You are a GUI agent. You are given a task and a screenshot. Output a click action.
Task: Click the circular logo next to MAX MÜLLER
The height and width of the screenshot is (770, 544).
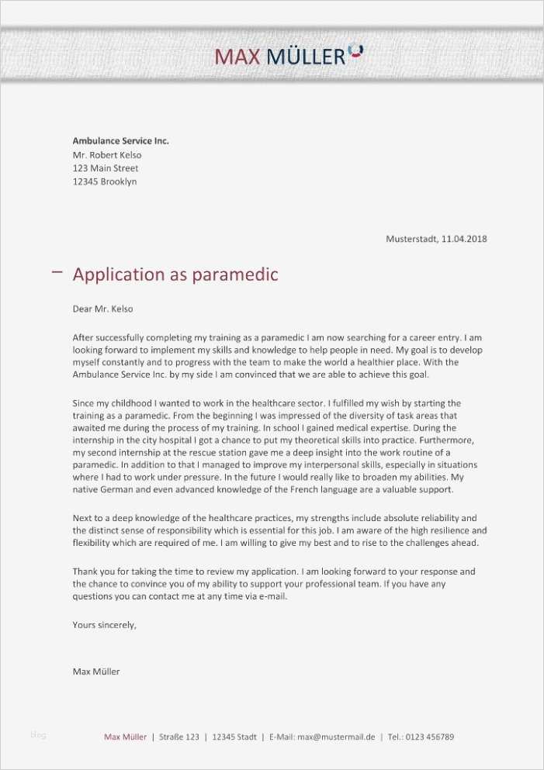tap(355, 51)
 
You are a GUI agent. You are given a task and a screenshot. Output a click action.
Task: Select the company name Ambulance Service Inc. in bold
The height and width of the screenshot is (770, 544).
tap(120, 141)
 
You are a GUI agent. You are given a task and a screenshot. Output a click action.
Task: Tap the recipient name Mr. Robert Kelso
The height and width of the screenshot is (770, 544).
tap(106, 154)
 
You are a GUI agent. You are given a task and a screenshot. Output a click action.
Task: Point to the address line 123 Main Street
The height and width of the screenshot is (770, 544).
tap(106, 168)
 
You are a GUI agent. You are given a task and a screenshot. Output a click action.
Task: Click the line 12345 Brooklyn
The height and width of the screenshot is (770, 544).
tap(104, 181)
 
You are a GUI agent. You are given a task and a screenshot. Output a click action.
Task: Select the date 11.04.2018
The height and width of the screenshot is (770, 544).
tap(464, 239)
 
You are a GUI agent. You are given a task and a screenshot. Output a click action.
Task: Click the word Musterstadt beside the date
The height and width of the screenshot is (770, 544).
tap(411, 239)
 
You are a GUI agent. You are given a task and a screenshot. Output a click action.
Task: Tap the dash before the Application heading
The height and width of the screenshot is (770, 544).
tap(56, 271)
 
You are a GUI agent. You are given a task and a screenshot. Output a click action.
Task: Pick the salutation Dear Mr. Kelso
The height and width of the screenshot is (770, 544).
tap(102, 309)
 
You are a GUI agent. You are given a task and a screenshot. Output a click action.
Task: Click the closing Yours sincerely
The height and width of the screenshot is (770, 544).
tap(104, 624)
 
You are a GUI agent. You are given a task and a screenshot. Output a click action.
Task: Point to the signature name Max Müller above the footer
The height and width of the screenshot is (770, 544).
tap(95, 672)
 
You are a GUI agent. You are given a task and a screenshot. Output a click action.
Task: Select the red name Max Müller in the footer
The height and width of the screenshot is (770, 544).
tap(125, 737)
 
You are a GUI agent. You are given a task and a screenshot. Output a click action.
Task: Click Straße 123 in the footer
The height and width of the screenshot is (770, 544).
tap(179, 737)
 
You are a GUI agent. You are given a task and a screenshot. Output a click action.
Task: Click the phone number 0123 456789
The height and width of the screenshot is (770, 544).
tap(430, 737)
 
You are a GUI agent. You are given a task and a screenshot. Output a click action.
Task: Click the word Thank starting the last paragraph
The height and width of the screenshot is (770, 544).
tap(85, 571)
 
